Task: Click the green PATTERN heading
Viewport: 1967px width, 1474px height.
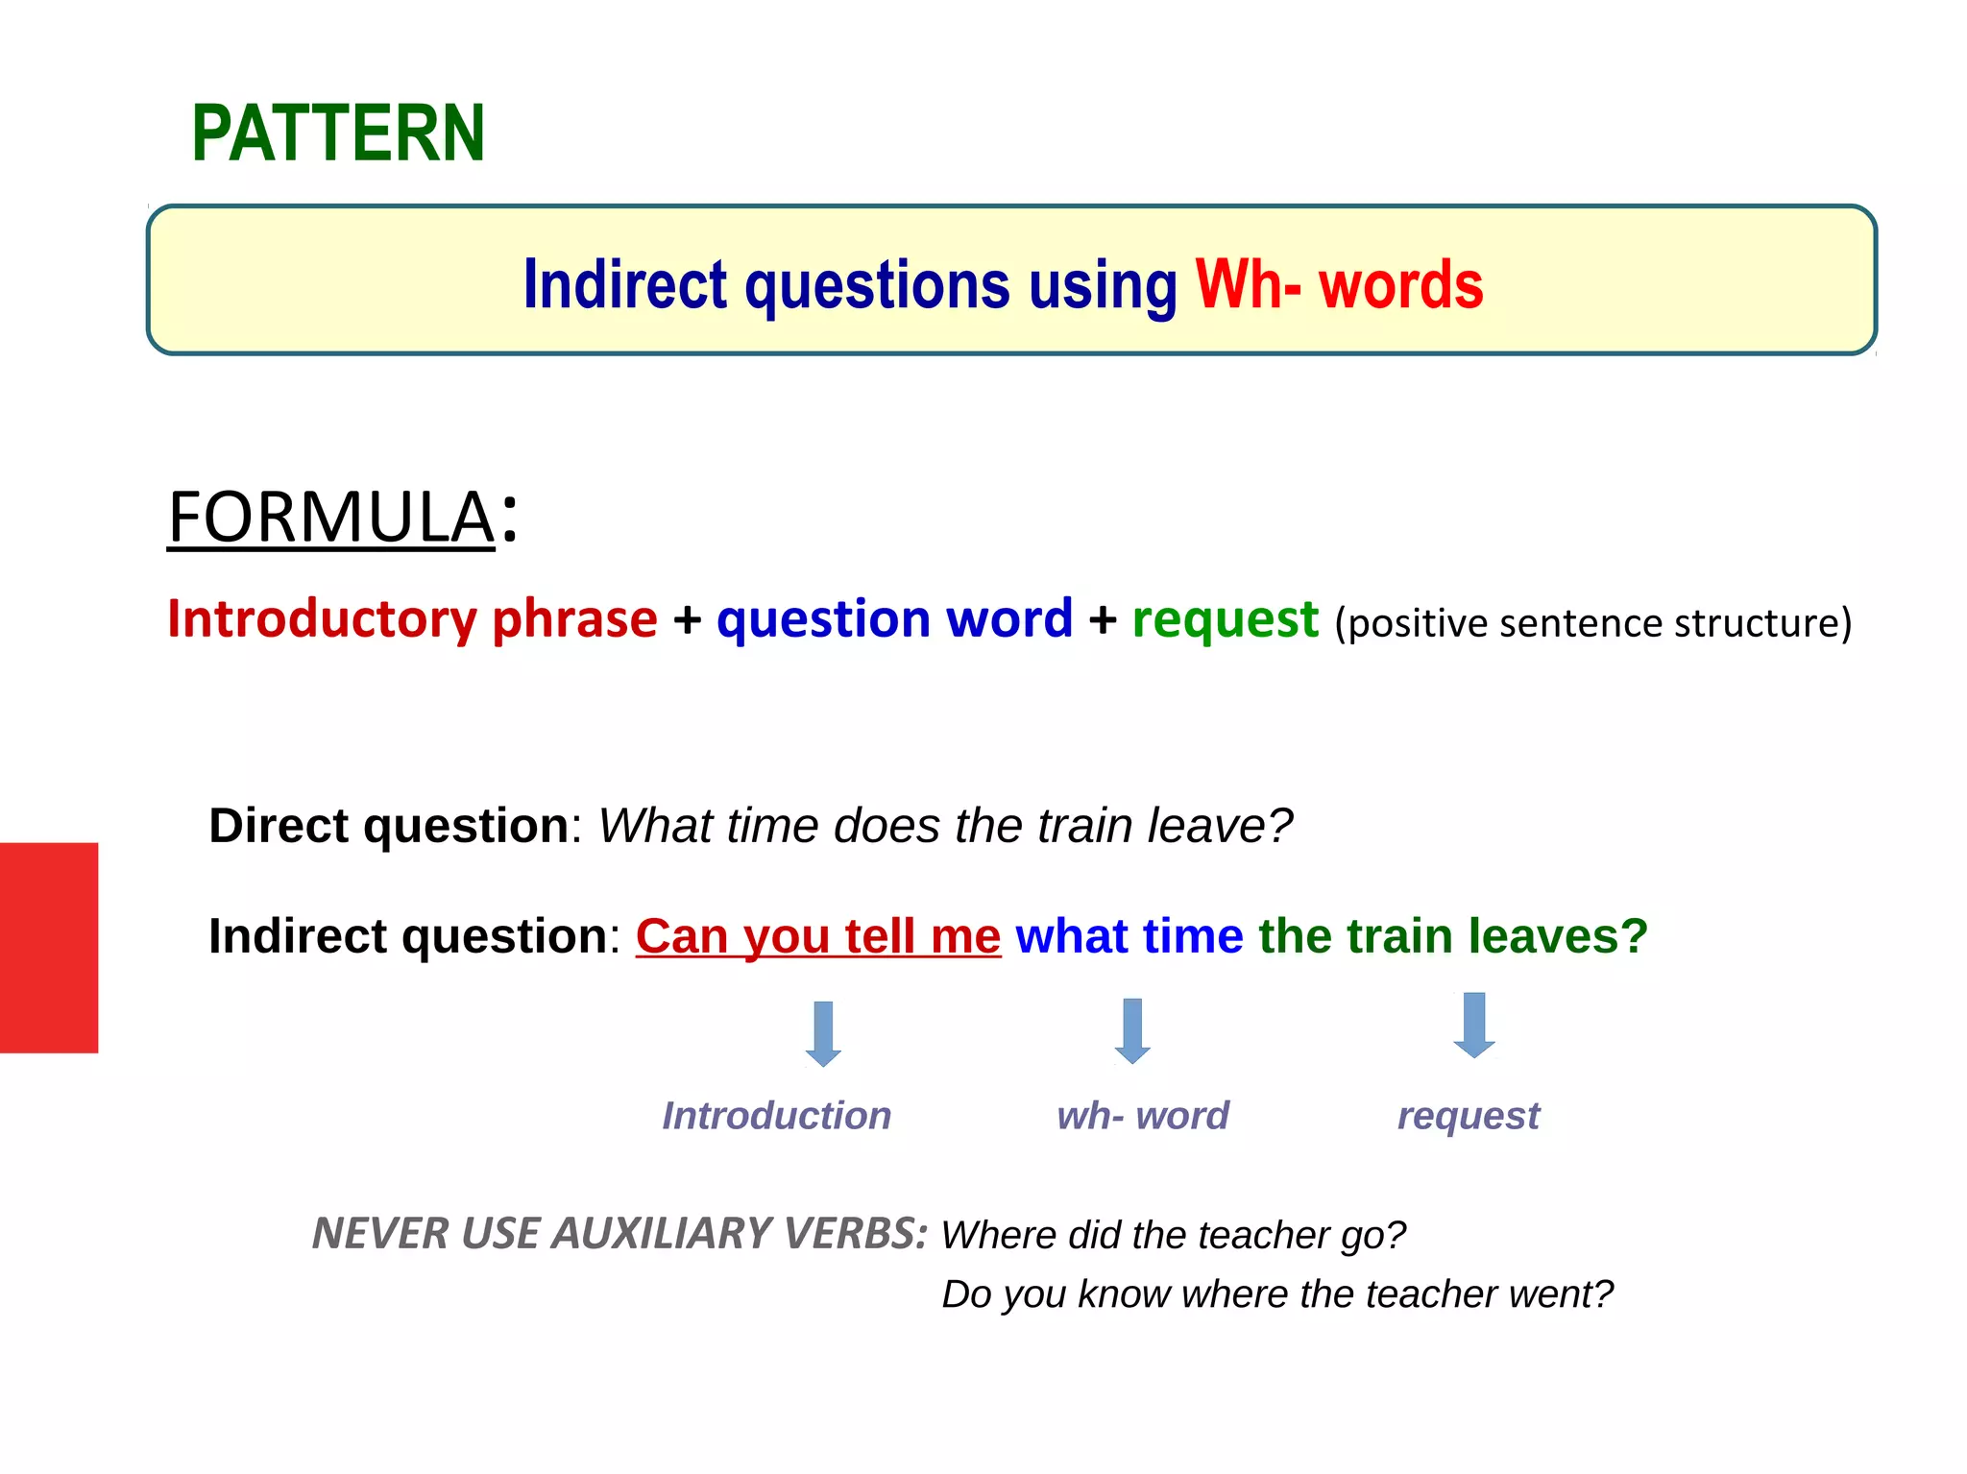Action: (x=338, y=133)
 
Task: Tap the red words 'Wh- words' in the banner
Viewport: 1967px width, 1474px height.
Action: (x=1339, y=285)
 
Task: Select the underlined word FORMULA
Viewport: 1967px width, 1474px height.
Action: (x=331, y=518)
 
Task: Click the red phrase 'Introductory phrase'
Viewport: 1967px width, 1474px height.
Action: (x=412, y=618)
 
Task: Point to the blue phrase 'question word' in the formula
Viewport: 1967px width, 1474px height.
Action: (x=894, y=618)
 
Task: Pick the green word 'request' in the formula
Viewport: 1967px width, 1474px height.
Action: (x=1225, y=618)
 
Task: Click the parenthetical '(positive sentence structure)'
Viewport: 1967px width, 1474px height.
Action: (x=1592, y=623)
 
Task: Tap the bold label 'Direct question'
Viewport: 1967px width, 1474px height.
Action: (x=389, y=826)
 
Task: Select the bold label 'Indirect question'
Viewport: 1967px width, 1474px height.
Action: (x=408, y=936)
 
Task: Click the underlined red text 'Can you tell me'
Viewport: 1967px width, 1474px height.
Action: (x=818, y=936)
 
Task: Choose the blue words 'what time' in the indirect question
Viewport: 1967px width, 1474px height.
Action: (x=1129, y=936)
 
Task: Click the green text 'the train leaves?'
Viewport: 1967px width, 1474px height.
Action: (x=1452, y=936)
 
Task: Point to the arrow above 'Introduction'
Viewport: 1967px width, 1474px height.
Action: (x=823, y=1033)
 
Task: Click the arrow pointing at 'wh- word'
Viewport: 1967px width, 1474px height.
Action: (x=1132, y=1031)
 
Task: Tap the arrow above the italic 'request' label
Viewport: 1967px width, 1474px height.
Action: (x=1474, y=1026)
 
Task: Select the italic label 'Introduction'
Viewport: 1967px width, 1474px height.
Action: (x=777, y=1116)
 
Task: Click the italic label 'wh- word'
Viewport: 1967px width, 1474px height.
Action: (x=1143, y=1116)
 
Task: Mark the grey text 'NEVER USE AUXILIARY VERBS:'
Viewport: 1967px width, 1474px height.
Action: (x=620, y=1234)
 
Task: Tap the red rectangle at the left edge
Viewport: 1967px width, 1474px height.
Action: (x=49, y=948)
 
